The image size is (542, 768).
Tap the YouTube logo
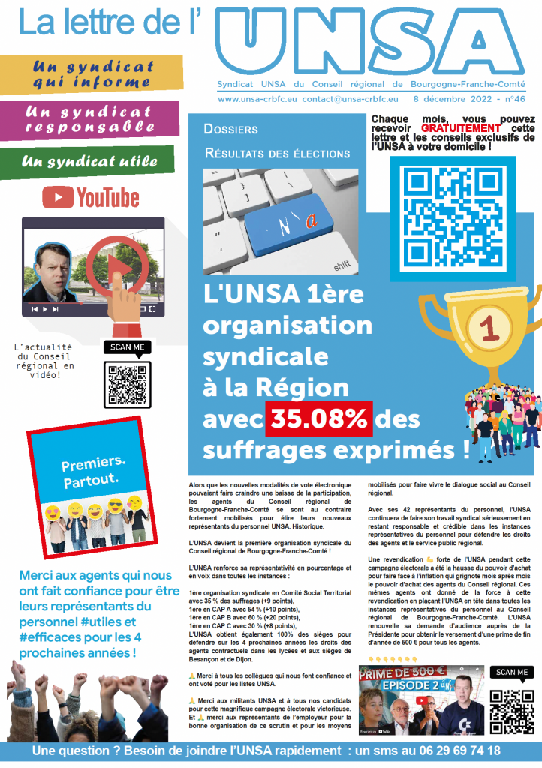tap(91, 197)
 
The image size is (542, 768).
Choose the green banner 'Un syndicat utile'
tap(90, 160)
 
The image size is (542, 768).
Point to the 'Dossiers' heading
tap(230, 130)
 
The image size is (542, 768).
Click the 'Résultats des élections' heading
tap(278, 154)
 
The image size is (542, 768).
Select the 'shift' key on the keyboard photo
tap(342, 265)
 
